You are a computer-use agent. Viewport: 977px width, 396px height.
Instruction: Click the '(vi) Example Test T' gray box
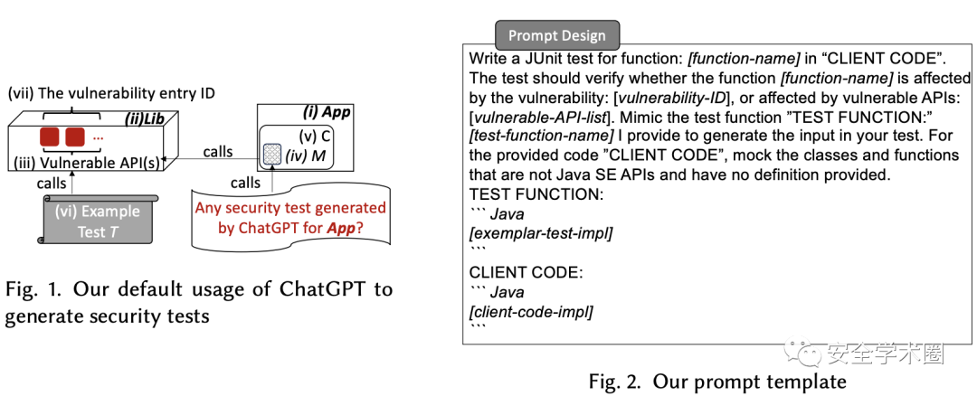click(x=100, y=221)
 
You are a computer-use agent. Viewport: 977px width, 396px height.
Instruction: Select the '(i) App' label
click(x=328, y=114)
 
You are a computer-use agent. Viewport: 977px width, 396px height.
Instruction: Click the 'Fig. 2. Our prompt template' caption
click(x=717, y=382)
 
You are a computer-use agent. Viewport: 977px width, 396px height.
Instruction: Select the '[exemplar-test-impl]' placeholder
click(x=540, y=233)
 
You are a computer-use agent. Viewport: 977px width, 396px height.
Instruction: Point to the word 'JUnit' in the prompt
click(x=546, y=58)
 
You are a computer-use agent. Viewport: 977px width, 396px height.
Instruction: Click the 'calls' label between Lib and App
click(x=218, y=151)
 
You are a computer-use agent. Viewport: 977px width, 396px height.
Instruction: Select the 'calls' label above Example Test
click(x=50, y=184)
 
